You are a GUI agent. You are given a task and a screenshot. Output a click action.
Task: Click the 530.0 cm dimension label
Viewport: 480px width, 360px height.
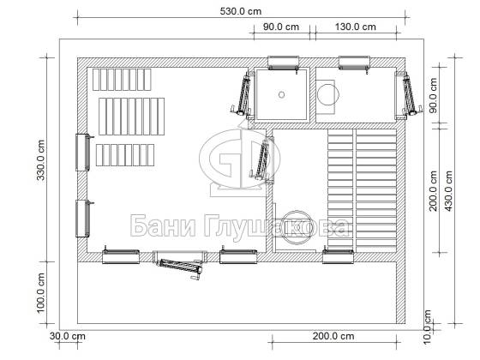pos(241,12)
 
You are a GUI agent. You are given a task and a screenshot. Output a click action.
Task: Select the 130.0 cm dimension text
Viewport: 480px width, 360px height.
pos(356,27)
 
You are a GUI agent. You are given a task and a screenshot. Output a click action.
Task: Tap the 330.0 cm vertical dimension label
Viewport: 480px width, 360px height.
pos(41,159)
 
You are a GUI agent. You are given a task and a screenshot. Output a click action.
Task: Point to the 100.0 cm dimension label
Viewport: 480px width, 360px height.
pos(41,293)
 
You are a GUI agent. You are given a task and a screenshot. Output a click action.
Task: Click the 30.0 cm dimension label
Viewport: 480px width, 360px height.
pos(68,336)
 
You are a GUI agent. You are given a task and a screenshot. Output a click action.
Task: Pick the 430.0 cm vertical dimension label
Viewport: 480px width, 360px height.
pos(448,191)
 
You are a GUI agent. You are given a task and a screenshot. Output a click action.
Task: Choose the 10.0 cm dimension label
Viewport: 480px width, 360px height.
pos(428,327)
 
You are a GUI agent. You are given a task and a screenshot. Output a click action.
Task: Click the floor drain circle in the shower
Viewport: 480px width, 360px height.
pos(282,94)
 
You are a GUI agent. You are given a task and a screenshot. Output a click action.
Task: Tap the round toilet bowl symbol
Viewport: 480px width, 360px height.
pos(328,94)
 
